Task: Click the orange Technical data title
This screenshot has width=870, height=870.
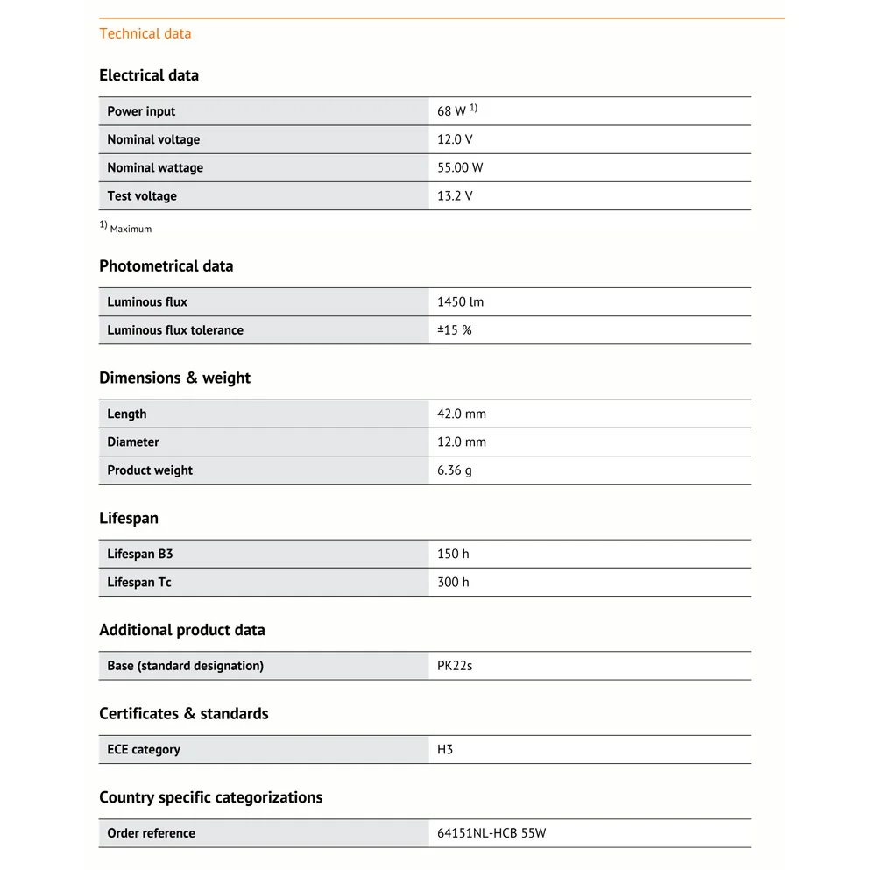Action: click(145, 33)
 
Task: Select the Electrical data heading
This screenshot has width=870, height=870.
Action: click(149, 75)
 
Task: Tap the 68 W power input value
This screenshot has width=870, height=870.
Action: click(452, 111)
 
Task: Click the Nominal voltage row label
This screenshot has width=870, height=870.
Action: click(153, 139)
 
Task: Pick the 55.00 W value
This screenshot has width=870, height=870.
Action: click(460, 167)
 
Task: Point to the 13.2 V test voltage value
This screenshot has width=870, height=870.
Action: click(455, 195)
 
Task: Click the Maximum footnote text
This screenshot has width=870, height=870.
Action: click(131, 229)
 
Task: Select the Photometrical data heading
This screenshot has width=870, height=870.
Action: click(166, 266)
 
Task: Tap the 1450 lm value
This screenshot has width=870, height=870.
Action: click(460, 301)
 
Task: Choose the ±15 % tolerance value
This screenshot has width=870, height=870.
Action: click(454, 329)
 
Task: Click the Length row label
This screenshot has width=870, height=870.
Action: click(127, 414)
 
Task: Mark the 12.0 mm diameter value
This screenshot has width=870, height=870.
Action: click(462, 442)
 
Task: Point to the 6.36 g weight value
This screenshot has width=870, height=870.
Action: click(455, 470)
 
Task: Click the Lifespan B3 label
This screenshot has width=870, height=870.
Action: click(140, 554)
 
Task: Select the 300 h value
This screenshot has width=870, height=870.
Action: click(453, 582)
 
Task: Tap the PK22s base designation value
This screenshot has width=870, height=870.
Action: click(455, 666)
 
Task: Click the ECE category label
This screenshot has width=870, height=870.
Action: click(144, 749)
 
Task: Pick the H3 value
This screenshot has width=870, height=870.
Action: click(445, 749)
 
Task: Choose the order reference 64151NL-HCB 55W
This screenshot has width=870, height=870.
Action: click(492, 833)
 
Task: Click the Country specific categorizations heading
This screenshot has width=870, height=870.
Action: click(210, 797)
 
